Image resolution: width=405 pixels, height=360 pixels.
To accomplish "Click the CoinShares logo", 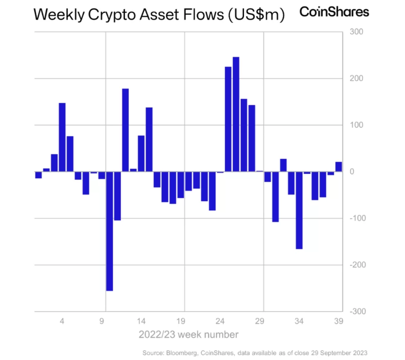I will click(x=334, y=12).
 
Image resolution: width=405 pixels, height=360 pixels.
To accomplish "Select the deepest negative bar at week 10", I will click(x=109, y=231).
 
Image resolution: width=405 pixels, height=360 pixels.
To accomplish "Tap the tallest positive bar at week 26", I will click(x=236, y=114).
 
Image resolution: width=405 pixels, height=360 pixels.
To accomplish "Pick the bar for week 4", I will click(x=62, y=137).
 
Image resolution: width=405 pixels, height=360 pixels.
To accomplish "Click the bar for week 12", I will click(x=125, y=130).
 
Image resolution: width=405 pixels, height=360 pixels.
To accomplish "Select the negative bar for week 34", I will click(x=299, y=210).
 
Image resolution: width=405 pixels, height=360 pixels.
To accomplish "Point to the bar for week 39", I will click(x=339, y=167).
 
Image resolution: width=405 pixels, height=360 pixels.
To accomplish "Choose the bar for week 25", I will click(x=228, y=119).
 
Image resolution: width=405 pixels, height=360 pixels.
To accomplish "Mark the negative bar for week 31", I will click(x=275, y=197).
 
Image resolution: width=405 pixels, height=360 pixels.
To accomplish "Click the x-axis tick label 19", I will click(x=180, y=321).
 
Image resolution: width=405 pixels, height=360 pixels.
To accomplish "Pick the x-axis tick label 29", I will click(x=260, y=321).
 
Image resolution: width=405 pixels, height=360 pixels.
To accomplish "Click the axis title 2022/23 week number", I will click(x=188, y=334).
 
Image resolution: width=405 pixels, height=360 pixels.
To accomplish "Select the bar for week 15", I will click(x=149, y=139).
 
